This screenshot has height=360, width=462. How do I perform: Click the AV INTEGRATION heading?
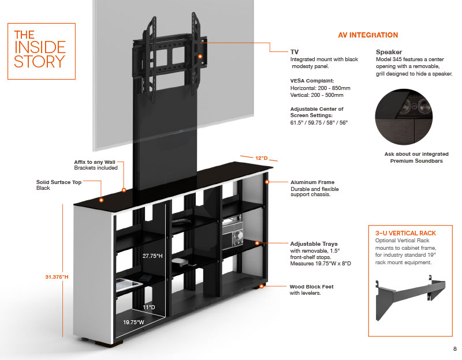click(368, 35)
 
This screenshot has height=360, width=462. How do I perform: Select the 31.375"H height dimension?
click(57, 277)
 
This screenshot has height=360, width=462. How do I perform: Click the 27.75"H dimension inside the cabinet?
click(152, 254)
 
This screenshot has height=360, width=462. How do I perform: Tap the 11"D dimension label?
click(150, 307)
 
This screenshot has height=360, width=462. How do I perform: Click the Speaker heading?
click(389, 52)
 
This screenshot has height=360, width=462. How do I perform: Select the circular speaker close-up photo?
click(410, 115)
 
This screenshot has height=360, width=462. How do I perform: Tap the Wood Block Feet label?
click(311, 286)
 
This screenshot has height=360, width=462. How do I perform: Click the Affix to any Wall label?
click(95, 162)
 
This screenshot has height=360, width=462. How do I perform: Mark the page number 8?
click(454, 349)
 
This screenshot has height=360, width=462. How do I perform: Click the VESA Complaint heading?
click(312, 81)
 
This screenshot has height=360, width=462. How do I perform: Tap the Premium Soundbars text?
click(410, 160)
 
